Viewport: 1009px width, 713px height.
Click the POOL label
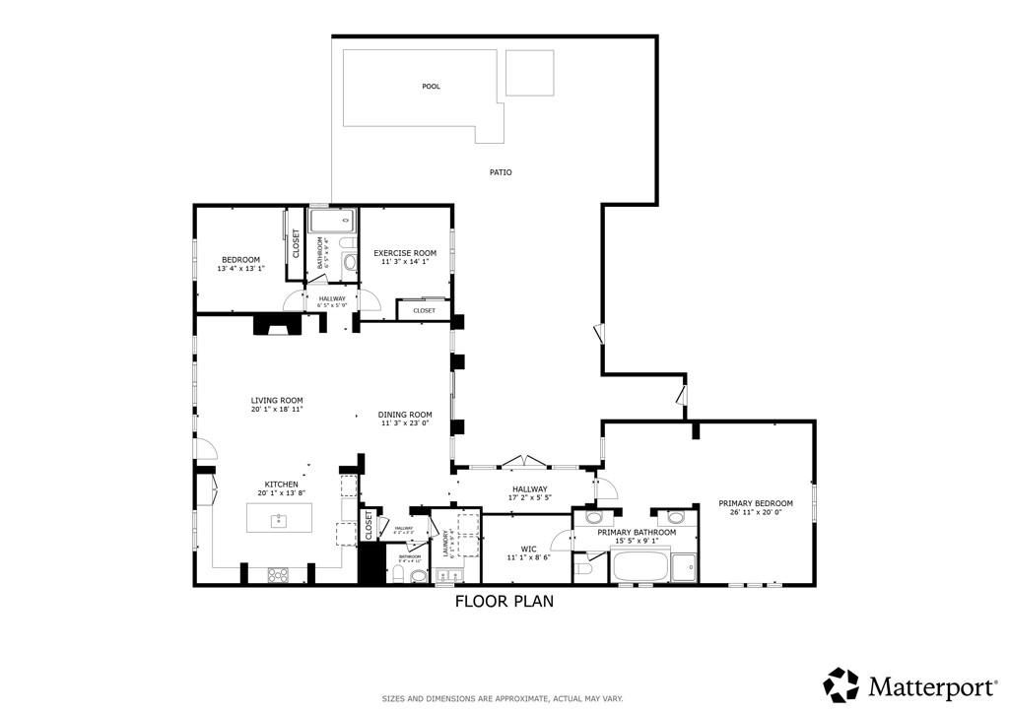(431, 87)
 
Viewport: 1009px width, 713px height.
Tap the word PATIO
(501, 172)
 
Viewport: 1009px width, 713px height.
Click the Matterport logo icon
(841, 683)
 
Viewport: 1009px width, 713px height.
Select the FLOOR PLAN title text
(504, 601)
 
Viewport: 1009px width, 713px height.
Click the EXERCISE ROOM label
(404, 253)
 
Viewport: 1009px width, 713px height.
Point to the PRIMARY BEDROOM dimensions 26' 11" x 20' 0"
(756, 512)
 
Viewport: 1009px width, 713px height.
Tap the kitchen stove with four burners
(278, 574)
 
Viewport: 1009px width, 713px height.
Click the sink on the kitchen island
(279, 517)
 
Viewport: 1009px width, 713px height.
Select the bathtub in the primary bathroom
(639, 567)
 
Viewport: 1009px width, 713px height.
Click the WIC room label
(527, 548)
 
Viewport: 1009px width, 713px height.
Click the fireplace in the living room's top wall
(275, 325)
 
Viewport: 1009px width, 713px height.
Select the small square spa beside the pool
(529, 73)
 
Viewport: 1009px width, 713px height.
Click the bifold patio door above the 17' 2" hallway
(527, 460)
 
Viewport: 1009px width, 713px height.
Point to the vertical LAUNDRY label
(445, 545)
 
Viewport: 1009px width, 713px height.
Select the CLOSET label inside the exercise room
(424, 310)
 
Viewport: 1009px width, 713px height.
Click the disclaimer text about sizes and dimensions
(503, 698)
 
